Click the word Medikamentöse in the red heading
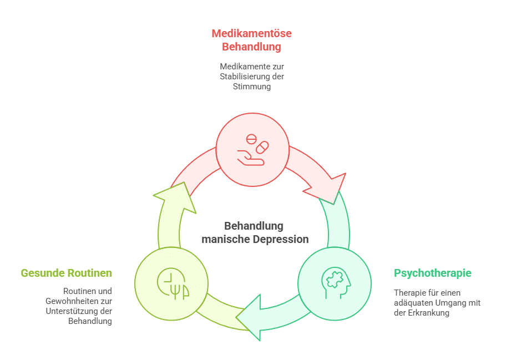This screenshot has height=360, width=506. [251, 33]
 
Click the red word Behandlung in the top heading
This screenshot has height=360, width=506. [251, 47]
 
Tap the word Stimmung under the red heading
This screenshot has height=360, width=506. [252, 87]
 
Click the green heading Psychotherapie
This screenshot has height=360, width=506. [432, 273]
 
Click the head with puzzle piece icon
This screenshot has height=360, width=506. [335, 283]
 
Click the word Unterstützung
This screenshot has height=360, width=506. [71, 311]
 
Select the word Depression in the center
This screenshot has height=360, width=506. [280, 240]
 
